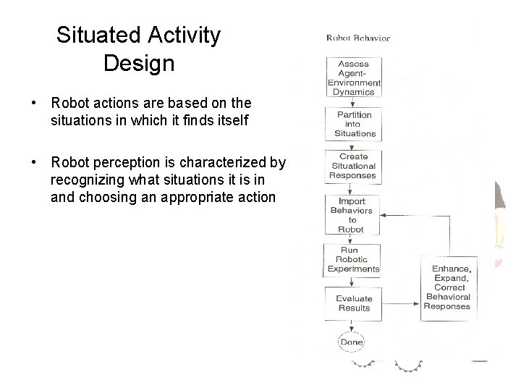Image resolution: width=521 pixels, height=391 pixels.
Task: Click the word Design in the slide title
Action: coord(139,64)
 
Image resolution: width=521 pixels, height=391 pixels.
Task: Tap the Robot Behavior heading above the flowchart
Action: coord(357,38)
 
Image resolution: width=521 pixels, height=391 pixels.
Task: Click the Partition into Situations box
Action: coord(354,124)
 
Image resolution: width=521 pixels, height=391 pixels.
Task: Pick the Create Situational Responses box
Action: coord(353,166)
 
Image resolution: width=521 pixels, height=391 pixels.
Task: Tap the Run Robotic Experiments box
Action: coord(352,260)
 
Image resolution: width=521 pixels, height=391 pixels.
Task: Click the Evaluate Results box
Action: coord(353,303)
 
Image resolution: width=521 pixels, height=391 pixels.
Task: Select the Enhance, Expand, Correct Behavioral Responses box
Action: coord(446,287)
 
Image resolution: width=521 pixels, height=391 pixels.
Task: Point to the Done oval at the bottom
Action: coord(352,342)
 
